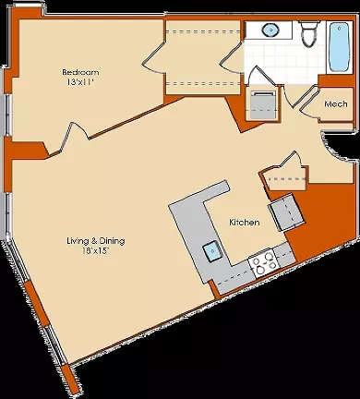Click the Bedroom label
pyautogui.click(x=80, y=72)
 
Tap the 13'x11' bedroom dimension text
pyautogui.click(x=79, y=82)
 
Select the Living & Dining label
pyautogui.click(x=96, y=240)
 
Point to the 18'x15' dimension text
pyautogui.click(x=96, y=250)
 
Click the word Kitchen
pyautogui.click(x=245, y=223)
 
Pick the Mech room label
pyautogui.click(x=336, y=104)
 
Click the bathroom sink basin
pyautogui.click(x=270, y=30)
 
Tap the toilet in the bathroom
pyautogui.click(x=311, y=33)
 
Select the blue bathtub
pyautogui.click(x=339, y=47)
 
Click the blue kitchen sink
pyautogui.click(x=212, y=251)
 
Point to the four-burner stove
pyautogui.click(x=263, y=262)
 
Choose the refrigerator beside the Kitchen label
pyautogui.click(x=286, y=212)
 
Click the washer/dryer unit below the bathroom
pyautogui.click(x=262, y=104)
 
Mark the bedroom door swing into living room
pyautogui.click(x=76, y=136)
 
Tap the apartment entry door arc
pyautogui.click(x=336, y=146)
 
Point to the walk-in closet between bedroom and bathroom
pyautogui.click(x=203, y=57)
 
